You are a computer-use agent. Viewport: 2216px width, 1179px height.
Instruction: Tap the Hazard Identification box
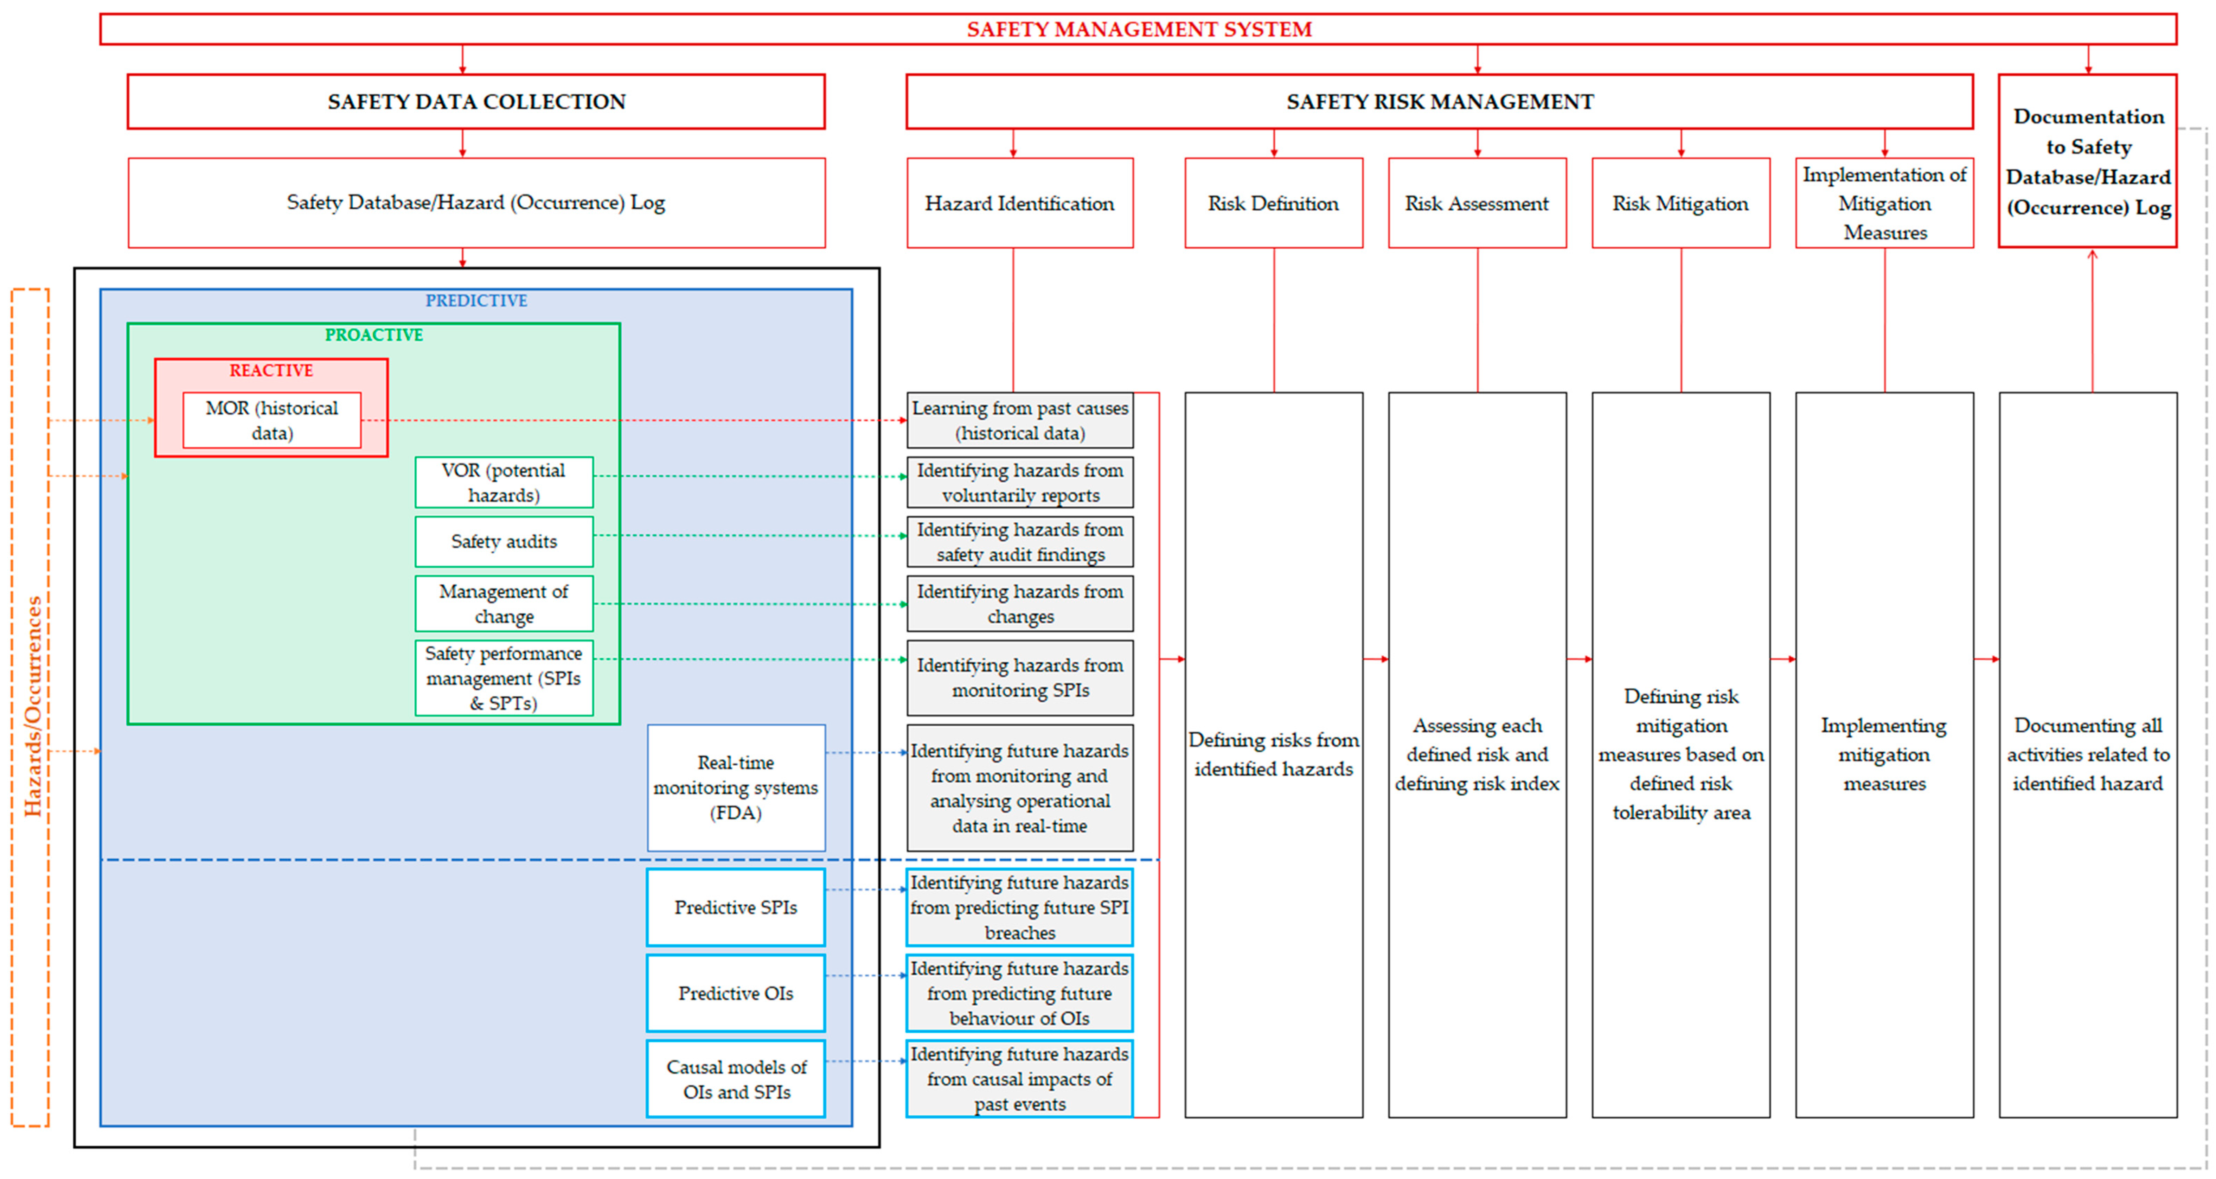click(x=1019, y=203)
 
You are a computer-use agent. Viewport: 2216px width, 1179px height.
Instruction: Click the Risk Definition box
click(x=1273, y=203)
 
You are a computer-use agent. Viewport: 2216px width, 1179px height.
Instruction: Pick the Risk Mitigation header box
click(x=1680, y=203)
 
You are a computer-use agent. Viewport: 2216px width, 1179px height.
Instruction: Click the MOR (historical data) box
click(x=272, y=420)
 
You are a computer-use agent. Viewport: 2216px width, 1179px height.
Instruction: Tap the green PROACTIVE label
click(x=373, y=335)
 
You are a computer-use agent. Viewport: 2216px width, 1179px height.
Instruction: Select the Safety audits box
click(x=504, y=541)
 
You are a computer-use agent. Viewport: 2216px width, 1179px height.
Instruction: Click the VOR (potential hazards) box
click(x=504, y=482)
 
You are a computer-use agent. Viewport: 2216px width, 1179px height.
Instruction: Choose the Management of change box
click(x=504, y=603)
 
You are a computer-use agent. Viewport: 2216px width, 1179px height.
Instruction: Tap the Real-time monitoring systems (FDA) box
click(x=736, y=788)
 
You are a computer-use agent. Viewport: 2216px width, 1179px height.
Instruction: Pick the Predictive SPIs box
click(x=736, y=907)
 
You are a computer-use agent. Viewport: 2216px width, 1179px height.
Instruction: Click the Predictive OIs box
click(x=736, y=993)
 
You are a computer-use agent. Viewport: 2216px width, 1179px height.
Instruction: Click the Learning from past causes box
click(x=1019, y=420)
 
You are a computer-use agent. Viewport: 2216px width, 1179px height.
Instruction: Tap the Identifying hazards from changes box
click(x=1019, y=603)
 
